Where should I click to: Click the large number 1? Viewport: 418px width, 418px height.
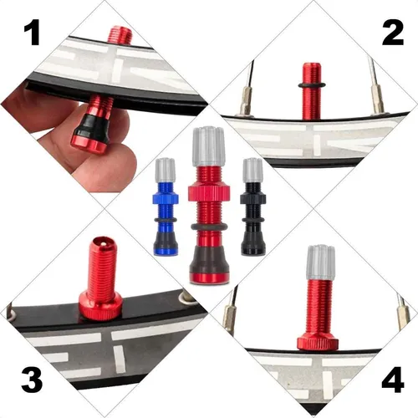point(32,33)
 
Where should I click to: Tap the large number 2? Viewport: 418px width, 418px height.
point(393,33)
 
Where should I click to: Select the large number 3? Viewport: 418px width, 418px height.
point(32,380)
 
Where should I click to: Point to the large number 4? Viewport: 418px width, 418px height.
point(393,380)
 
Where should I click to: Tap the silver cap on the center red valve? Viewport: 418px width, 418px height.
point(208,146)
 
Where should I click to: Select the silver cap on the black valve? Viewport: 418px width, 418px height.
point(252,171)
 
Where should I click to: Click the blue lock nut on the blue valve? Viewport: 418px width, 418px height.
point(166,197)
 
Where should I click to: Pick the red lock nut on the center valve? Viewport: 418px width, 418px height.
point(209,191)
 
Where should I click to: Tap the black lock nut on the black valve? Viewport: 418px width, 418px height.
point(253,198)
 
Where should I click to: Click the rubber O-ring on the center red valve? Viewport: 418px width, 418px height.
point(209,227)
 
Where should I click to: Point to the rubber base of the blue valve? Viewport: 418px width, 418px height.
point(166,241)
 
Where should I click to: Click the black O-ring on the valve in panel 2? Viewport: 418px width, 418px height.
point(312,85)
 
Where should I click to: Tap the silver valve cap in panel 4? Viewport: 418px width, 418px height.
point(320,263)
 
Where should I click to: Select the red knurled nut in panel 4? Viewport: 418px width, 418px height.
point(318,343)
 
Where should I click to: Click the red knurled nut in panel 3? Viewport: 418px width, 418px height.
point(100,307)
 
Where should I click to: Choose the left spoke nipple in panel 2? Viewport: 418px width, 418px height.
point(246,101)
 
